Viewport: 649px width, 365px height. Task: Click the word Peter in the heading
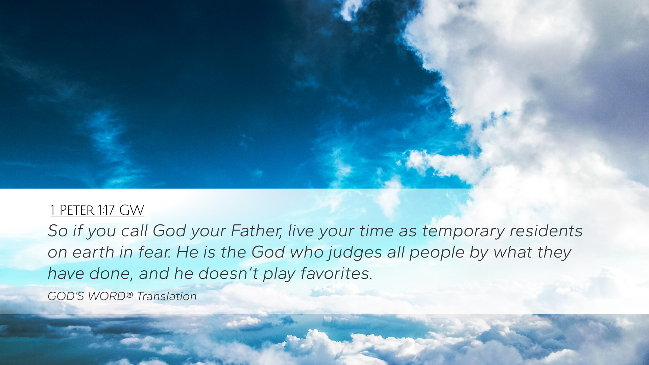click(x=77, y=210)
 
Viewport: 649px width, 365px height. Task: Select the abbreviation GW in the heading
click(x=131, y=210)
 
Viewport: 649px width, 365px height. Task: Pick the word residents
click(x=546, y=231)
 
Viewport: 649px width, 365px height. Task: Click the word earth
click(x=93, y=252)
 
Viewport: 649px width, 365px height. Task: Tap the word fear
click(x=154, y=252)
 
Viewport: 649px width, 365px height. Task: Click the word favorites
click(x=336, y=274)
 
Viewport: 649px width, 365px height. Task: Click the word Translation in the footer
click(x=167, y=296)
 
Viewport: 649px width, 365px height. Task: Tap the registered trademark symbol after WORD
click(x=129, y=295)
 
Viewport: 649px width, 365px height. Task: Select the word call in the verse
click(x=134, y=231)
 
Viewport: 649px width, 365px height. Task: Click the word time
click(x=376, y=231)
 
